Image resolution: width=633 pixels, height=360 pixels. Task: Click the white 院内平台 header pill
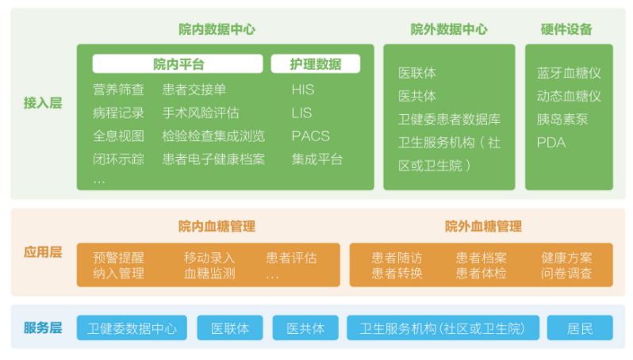click(x=178, y=63)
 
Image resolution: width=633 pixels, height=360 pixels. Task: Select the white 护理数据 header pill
click(x=315, y=63)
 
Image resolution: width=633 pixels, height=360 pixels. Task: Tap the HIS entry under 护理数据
click(x=303, y=89)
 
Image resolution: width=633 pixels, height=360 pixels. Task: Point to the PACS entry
click(x=310, y=136)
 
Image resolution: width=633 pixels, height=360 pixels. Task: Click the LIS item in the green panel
click(x=301, y=113)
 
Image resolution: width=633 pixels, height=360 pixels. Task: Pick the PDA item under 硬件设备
click(x=551, y=143)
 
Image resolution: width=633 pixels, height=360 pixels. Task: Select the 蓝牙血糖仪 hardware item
click(x=569, y=73)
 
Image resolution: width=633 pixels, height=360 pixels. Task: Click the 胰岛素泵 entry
click(x=562, y=120)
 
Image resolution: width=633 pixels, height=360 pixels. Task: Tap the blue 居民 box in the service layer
click(x=580, y=327)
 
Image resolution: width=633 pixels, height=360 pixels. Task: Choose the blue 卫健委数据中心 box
click(x=132, y=327)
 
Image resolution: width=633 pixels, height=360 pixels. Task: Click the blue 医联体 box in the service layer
click(x=230, y=327)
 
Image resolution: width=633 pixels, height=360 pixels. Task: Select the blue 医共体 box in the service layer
click(x=305, y=327)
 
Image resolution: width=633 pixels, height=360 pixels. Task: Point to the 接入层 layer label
click(x=43, y=103)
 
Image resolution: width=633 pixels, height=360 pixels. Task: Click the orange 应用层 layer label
click(x=43, y=252)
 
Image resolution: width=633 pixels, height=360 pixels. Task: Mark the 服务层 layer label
click(x=43, y=327)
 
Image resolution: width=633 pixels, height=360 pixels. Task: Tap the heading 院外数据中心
click(x=449, y=29)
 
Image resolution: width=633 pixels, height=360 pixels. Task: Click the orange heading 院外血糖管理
click(x=483, y=227)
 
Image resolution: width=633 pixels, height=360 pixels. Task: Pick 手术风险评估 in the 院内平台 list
click(x=201, y=113)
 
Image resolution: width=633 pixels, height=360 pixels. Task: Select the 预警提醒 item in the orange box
click(x=118, y=258)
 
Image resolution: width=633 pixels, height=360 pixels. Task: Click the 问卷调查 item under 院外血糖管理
click(x=566, y=274)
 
